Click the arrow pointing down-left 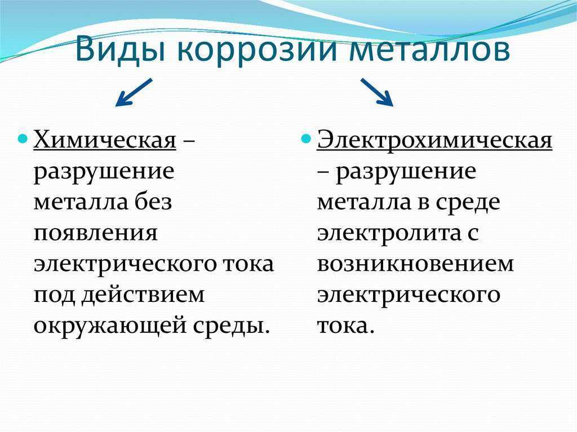tap(133, 92)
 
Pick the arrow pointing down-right tap(377, 92)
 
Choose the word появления tap(96, 234)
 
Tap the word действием tap(143, 295)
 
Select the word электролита tap(389, 234)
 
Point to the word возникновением tap(415, 264)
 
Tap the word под tap(55, 295)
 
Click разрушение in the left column tap(104, 172)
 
